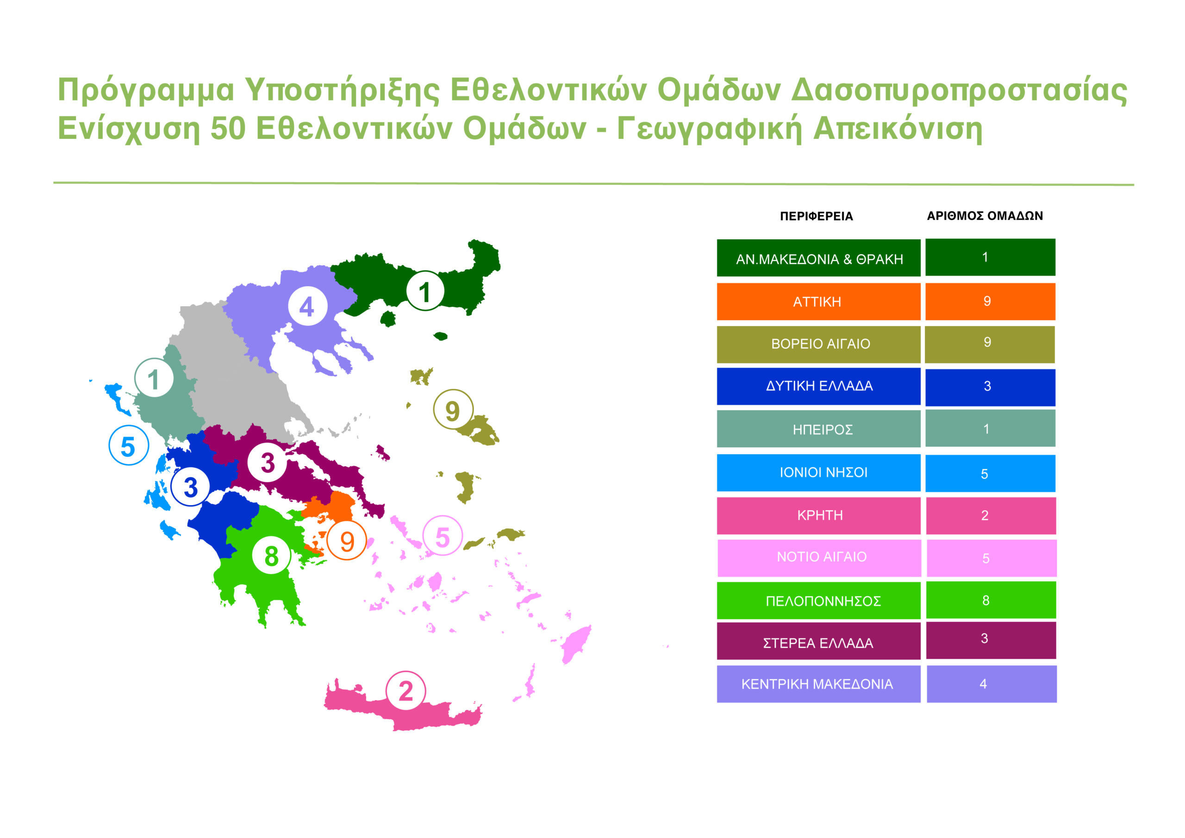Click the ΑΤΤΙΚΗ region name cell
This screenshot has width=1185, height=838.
(x=818, y=301)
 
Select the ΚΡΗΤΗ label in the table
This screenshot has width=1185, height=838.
(x=818, y=515)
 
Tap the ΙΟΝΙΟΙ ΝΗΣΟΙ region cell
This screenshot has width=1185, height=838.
(x=818, y=472)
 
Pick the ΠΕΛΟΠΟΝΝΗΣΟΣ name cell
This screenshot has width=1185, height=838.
(x=818, y=600)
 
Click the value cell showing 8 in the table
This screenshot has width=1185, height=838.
(x=991, y=600)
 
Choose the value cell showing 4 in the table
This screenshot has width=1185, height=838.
(x=992, y=684)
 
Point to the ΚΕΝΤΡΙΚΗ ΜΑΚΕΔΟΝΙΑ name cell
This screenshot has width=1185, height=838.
(x=818, y=684)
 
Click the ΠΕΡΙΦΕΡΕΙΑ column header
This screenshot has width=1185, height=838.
(x=816, y=216)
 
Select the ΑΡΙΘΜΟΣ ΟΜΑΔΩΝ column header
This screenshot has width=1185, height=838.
(x=985, y=216)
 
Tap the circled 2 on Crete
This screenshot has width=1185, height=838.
(x=405, y=691)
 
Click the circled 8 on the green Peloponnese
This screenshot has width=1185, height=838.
(x=271, y=556)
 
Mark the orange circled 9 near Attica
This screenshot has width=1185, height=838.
(x=347, y=540)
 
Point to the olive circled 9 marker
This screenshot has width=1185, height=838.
(x=453, y=409)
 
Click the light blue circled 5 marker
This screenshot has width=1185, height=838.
(x=129, y=445)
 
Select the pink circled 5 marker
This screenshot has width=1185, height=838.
(x=443, y=535)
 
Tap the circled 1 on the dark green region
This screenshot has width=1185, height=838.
(x=425, y=291)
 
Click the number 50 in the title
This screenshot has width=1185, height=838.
(x=228, y=128)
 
